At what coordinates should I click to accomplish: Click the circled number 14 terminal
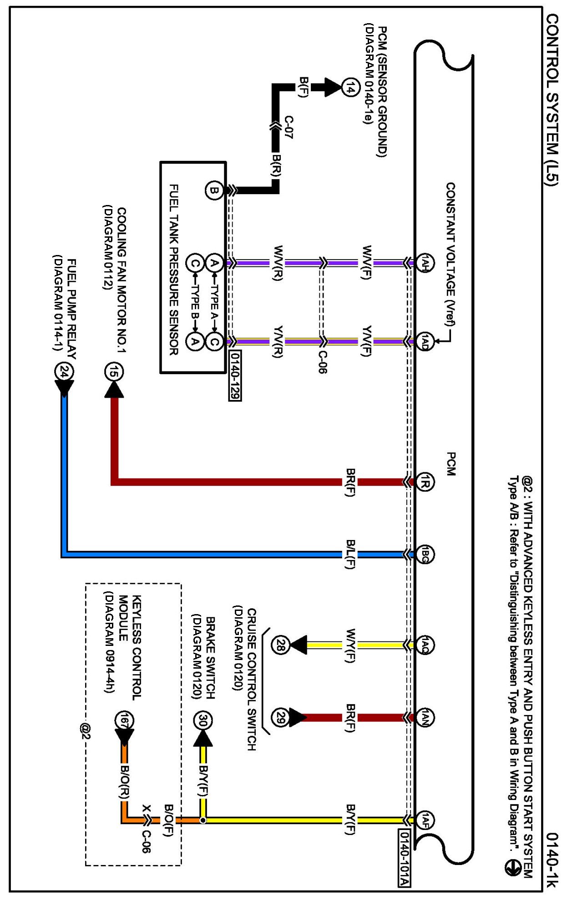tap(349, 88)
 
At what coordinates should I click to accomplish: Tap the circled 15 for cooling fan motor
tap(114, 372)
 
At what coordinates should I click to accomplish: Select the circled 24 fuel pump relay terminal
tap(64, 372)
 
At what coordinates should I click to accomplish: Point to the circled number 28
tap(280, 645)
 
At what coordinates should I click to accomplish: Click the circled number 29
tap(280, 717)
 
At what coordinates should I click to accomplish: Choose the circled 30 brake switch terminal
tap(203, 721)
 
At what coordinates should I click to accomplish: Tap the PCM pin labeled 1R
tap(425, 481)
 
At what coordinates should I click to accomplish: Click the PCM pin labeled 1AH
tap(425, 263)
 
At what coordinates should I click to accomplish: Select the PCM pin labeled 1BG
tap(425, 555)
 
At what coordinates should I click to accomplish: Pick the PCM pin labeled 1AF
tap(425, 820)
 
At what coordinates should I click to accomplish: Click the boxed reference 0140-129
tap(235, 375)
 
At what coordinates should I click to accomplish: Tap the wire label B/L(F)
tap(350, 555)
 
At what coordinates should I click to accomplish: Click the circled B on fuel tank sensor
tap(214, 190)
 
